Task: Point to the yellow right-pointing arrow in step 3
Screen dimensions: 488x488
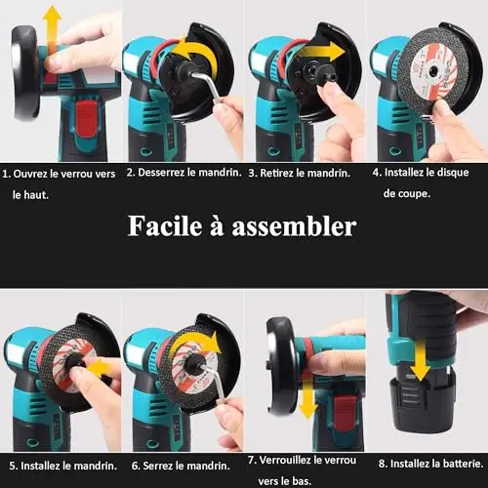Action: point(322,52)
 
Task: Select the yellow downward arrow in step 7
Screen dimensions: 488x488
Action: point(306,399)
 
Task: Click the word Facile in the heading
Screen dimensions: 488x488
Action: point(165,225)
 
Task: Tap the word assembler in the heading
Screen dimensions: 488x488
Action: point(294,226)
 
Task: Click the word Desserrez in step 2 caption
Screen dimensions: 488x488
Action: point(162,173)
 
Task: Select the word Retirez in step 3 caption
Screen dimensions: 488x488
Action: point(277,173)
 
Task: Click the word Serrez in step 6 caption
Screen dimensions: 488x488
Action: point(157,466)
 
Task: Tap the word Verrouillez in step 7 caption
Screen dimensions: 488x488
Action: point(285,461)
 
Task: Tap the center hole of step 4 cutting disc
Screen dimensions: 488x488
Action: point(432,69)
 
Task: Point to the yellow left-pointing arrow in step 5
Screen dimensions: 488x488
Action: point(102,368)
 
